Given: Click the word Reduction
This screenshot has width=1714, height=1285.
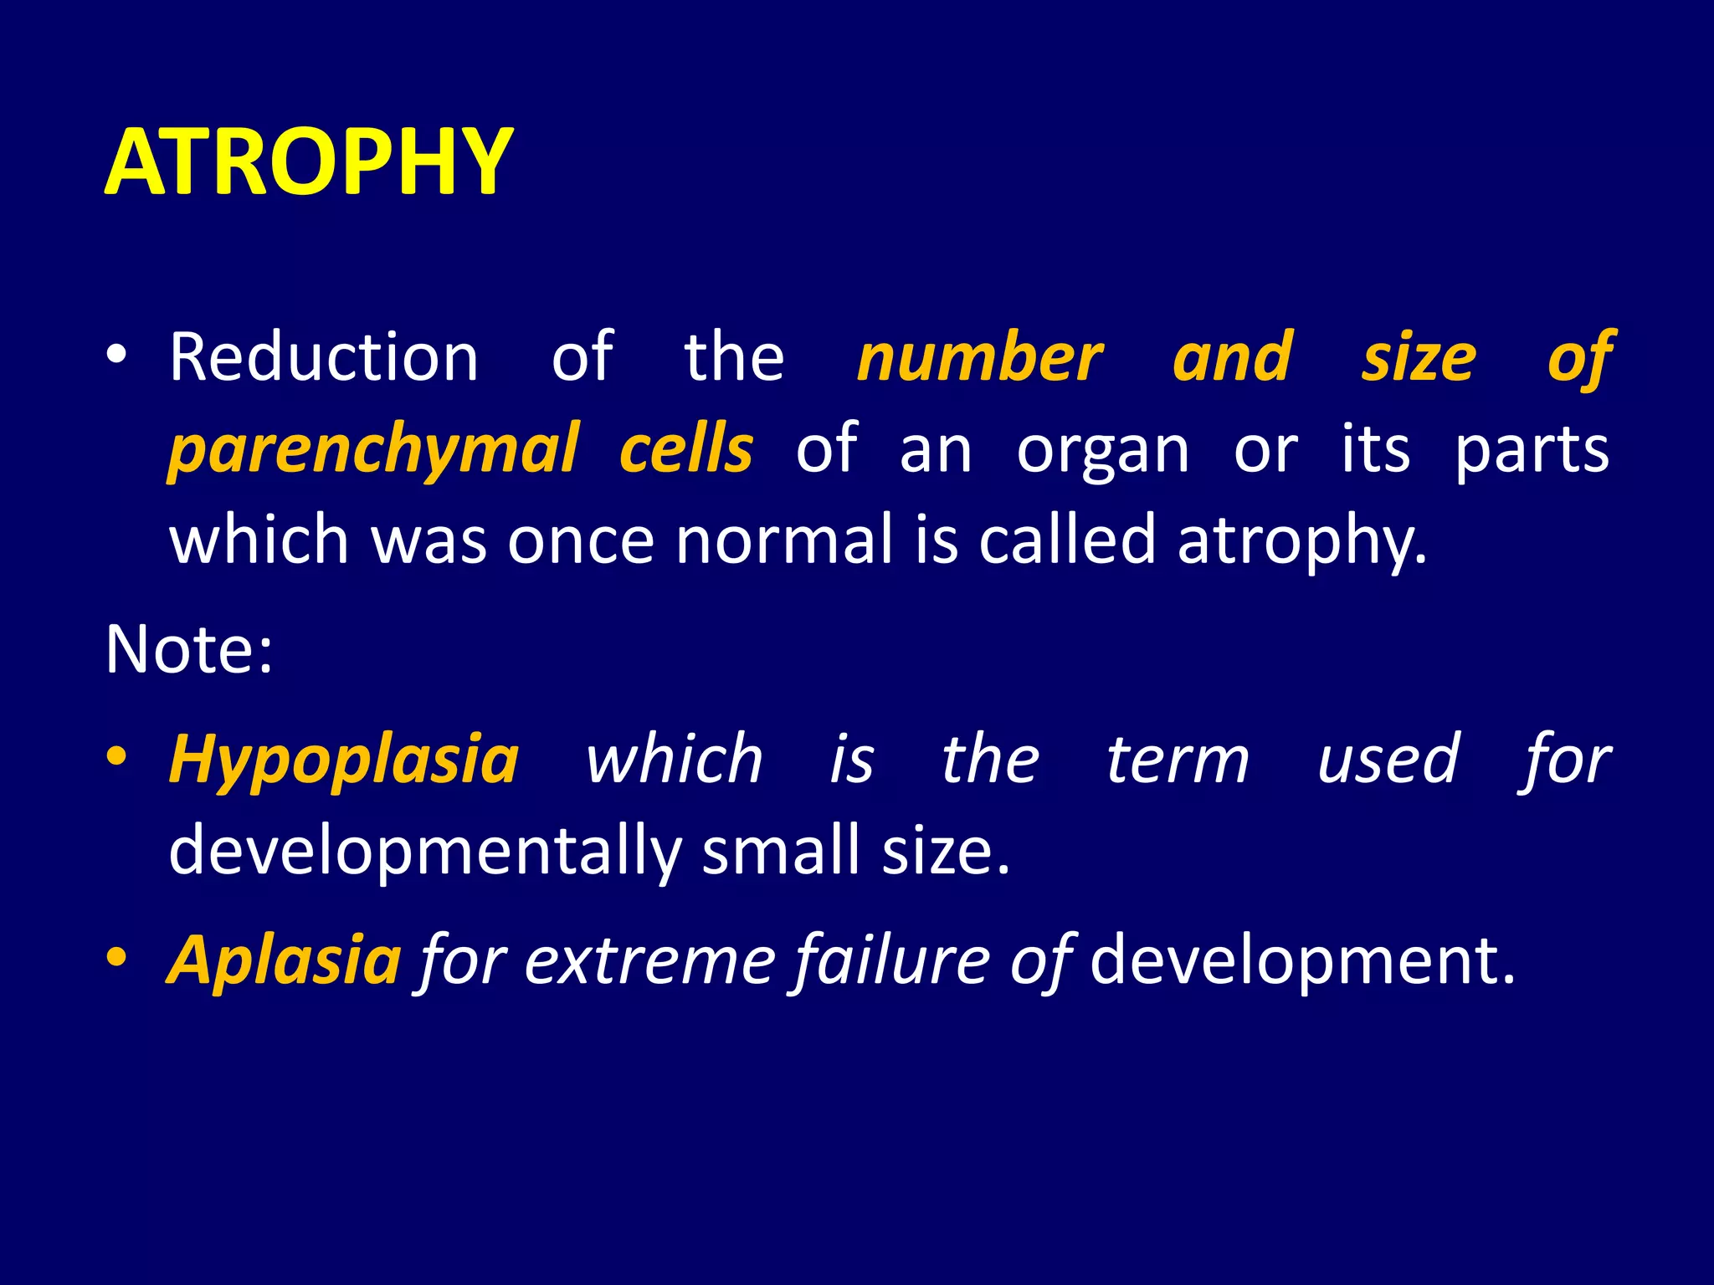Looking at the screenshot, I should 324,357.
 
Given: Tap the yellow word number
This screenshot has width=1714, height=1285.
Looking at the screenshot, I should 980,357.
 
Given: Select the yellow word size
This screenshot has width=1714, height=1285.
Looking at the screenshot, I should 1419,357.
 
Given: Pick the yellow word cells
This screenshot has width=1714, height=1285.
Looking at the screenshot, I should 686,449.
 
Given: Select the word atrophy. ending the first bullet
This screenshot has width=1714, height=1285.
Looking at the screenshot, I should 1301,542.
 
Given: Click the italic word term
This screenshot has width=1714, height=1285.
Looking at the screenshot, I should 1178,760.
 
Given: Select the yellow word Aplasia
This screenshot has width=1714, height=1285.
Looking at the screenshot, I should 285,960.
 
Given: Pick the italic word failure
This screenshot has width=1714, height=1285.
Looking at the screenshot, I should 891,960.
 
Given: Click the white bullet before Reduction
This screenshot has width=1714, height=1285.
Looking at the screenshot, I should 116,356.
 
